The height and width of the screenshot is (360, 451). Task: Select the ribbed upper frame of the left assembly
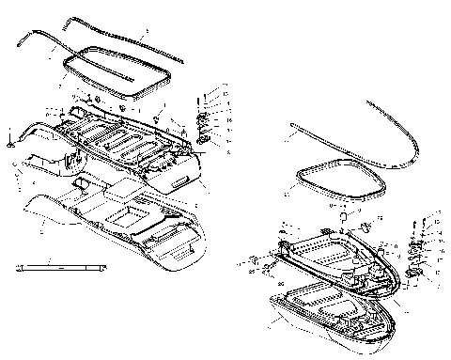click(x=122, y=141)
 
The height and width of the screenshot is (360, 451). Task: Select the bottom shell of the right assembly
click(x=329, y=315)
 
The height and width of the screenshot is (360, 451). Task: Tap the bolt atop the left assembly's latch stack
click(x=201, y=98)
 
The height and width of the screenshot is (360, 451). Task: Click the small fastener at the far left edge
click(x=9, y=141)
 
